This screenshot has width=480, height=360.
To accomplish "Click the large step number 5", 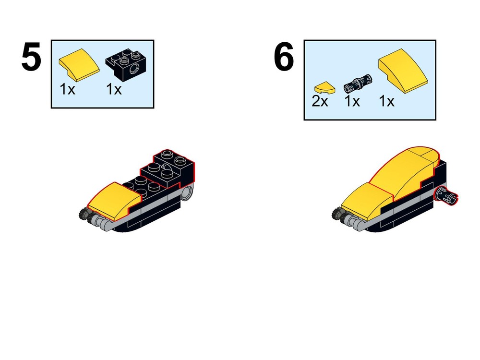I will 31,58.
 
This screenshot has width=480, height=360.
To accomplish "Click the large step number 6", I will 284,58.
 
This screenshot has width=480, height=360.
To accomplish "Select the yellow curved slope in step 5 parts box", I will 79,66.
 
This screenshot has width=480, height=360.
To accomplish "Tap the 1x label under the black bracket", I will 114,89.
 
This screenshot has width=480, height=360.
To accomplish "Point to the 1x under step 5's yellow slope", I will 68,89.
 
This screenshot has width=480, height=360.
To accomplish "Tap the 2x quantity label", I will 320,102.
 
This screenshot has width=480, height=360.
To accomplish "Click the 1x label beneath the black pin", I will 352,102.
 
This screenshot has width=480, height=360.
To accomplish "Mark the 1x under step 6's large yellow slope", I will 387,102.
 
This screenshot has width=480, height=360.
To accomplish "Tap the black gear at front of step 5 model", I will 85,215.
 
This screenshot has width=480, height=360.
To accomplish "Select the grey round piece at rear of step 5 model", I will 188,193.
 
